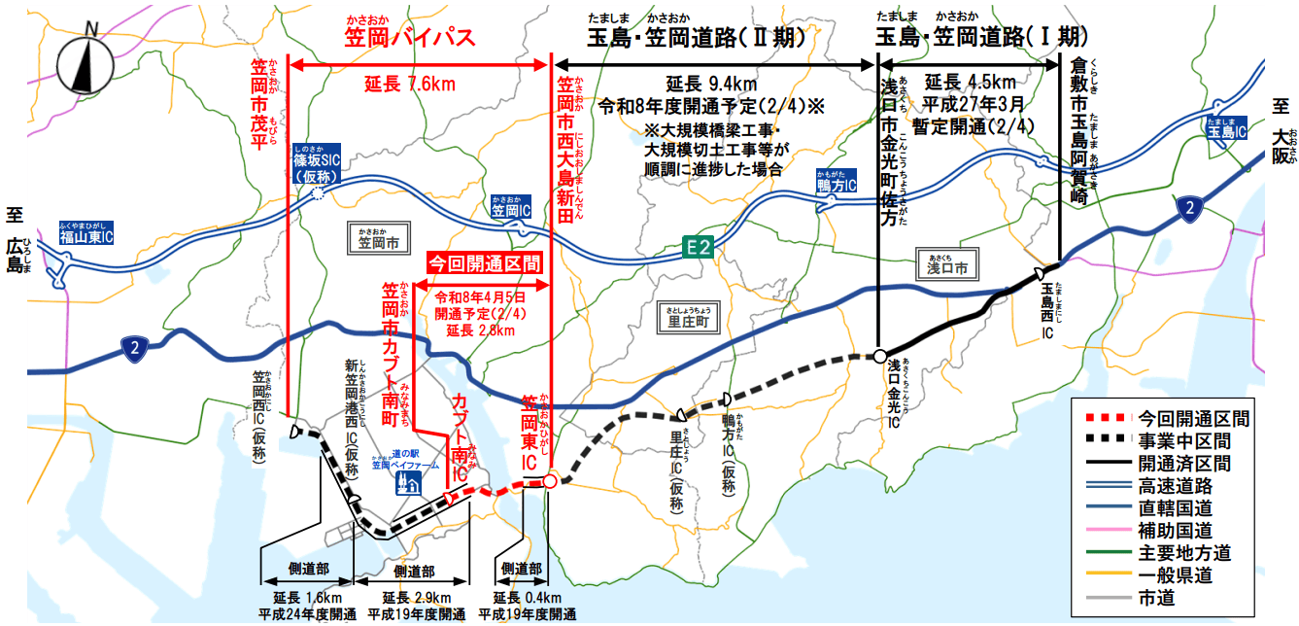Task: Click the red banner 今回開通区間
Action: pyautogui.click(x=483, y=263)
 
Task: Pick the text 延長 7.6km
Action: pyautogui.click(x=410, y=85)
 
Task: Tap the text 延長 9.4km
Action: pyautogui.click(x=712, y=83)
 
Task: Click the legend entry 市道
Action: pyautogui.click(x=1156, y=598)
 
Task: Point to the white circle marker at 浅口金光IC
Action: pyautogui.click(x=878, y=356)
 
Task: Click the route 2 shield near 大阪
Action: pyautogui.click(x=1186, y=207)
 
